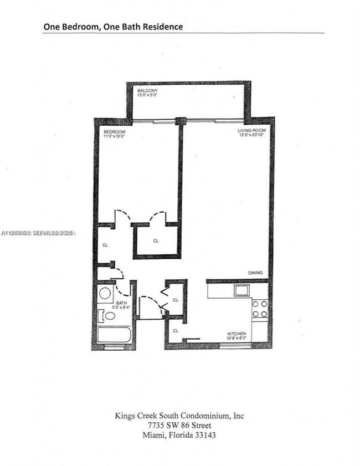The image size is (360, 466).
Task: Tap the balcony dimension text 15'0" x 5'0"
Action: [148, 95]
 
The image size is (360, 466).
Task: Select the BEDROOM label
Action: [114, 132]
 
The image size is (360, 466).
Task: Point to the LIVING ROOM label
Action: [249, 130]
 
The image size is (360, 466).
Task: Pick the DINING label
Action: [255, 273]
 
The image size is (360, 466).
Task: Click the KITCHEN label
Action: [236, 334]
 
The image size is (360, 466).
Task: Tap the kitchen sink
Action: [241, 290]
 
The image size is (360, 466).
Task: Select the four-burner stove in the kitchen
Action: [259, 308]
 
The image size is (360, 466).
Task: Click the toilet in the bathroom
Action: [108, 316]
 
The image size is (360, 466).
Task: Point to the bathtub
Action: [115, 336]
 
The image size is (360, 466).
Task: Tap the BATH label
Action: [121, 303]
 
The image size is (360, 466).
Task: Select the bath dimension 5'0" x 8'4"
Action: [122, 308]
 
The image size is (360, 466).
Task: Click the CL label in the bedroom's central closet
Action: [156, 241]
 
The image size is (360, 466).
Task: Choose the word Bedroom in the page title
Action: [74, 26]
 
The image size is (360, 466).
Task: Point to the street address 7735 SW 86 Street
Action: [180, 425]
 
